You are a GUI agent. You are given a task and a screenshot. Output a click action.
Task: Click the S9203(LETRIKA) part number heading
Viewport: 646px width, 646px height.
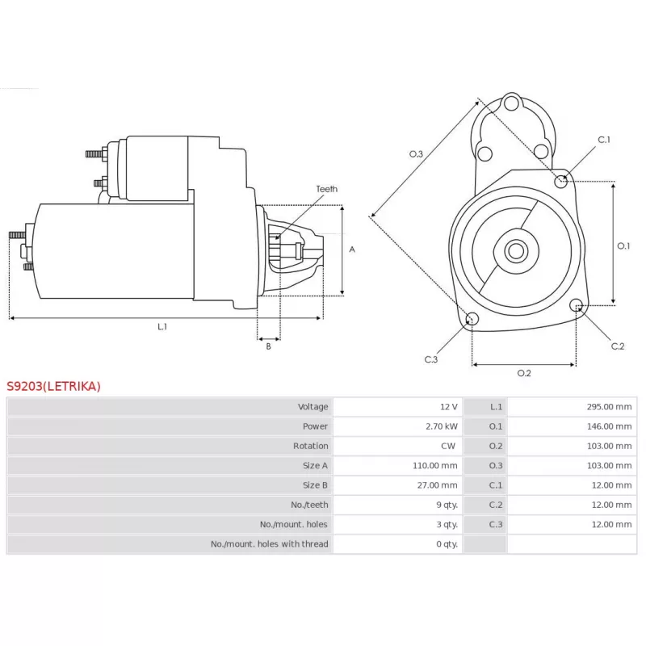pyautogui.click(x=54, y=386)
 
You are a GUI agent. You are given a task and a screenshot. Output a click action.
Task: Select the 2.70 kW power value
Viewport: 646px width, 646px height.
pyautogui.click(x=443, y=426)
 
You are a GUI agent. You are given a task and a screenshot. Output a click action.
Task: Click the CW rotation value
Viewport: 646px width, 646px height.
pyautogui.click(x=449, y=446)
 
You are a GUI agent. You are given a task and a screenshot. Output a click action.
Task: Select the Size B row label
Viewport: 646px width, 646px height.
pyautogui.click(x=315, y=485)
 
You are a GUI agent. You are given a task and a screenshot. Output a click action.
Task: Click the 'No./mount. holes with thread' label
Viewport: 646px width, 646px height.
pyautogui.click(x=269, y=544)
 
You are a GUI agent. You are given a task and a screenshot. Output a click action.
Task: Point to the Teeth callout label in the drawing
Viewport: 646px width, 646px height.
pyautogui.click(x=327, y=189)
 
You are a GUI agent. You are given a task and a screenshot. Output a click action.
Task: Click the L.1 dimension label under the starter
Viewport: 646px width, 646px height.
pyautogui.click(x=162, y=326)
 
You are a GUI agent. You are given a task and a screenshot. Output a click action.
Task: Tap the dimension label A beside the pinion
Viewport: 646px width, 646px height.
pyautogui.click(x=352, y=250)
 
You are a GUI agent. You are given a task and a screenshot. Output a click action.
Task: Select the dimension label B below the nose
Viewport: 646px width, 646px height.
pyautogui.click(x=268, y=346)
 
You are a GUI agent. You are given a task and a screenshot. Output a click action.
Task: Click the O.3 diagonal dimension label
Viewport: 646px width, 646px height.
pyautogui.click(x=417, y=153)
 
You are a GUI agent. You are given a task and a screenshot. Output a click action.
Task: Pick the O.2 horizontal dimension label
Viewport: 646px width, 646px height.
pyautogui.click(x=524, y=372)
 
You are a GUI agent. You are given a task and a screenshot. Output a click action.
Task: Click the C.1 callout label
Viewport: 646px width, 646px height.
pyautogui.click(x=604, y=140)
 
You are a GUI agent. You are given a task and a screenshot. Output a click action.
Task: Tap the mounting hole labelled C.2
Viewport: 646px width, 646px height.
pyautogui.click(x=577, y=305)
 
